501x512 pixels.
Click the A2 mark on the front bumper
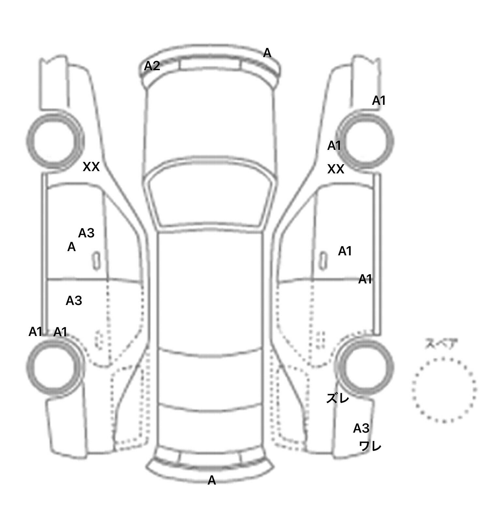(152, 66)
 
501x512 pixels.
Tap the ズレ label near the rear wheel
(338, 398)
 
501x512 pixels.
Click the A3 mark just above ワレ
(361, 428)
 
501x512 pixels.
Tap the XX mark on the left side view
(91, 167)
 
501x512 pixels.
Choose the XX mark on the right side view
(336, 169)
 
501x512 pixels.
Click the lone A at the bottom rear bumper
(212, 480)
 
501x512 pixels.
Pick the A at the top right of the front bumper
(267, 53)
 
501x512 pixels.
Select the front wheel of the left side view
(55, 141)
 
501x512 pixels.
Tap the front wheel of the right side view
(366, 141)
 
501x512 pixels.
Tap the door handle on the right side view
(323, 261)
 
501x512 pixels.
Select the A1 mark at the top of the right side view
(379, 101)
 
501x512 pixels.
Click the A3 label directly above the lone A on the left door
(86, 233)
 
